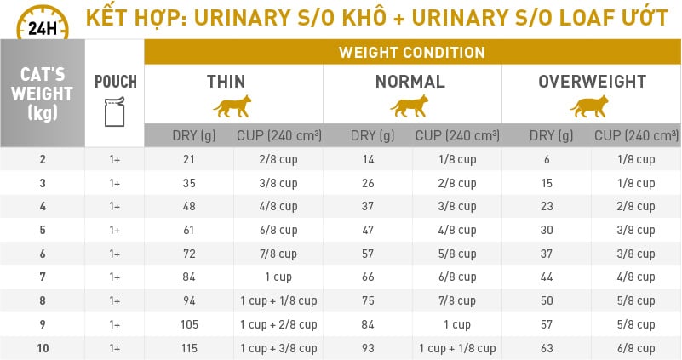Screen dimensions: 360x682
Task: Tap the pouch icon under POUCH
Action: click(115, 111)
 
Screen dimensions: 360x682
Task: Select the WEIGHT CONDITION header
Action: click(412, 52)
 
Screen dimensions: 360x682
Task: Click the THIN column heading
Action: click(226, 83)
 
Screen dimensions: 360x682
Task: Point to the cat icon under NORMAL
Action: click(410, 106)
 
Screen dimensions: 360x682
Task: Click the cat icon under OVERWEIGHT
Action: click(590, 106)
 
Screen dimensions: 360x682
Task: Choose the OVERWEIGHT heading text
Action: click(592, 83)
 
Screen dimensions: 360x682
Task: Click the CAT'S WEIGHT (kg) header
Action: click(42, 94)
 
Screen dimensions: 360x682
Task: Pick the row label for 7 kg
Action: click(42, 277)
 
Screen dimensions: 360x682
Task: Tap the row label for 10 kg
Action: click(42, 348)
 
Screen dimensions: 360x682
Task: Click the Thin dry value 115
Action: click(189, 348)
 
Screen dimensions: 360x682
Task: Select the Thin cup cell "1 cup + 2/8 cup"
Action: click(278, 324)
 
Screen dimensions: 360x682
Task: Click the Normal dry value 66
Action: click(369, 277)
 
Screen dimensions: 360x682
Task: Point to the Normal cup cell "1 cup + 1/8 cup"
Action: click(456, 348)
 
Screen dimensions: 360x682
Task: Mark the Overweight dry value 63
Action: click(547, 348)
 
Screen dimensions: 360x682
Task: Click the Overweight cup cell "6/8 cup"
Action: click(635, 348)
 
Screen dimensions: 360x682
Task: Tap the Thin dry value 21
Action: click(189, 159)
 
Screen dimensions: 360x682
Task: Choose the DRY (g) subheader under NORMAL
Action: click(371, 135)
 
